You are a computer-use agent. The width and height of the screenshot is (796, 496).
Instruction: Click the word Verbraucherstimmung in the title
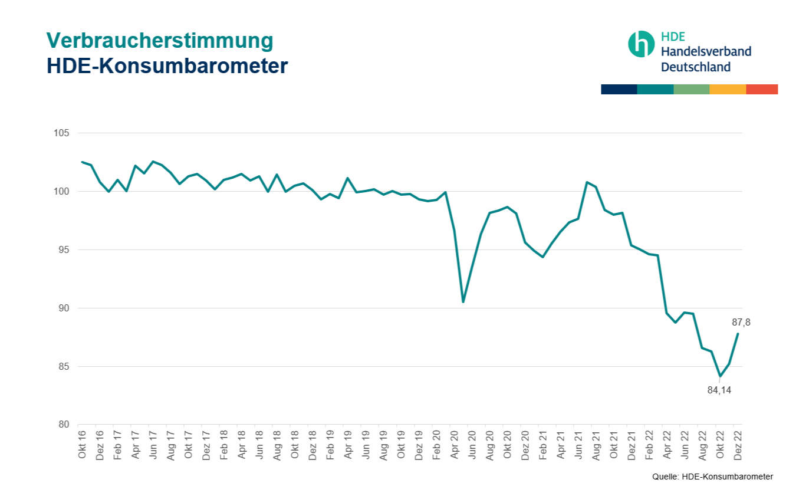coord(160,40)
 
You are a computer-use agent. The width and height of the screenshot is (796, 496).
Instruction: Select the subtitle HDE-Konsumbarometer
coord(167,65)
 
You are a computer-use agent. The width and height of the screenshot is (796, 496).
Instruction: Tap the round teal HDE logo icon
coord(641,44)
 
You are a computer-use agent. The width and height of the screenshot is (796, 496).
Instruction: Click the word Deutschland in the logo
coord(696,67)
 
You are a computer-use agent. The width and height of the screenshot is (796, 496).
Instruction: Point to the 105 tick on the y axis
coord(62,133)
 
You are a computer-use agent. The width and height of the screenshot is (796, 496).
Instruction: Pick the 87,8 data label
coord(741,323)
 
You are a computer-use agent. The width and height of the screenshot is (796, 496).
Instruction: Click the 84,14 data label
coord(719,390)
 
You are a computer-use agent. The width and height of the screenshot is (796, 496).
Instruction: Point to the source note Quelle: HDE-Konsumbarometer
coord(712,477)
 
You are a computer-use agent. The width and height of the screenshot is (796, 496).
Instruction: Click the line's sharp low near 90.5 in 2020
coord(463,302)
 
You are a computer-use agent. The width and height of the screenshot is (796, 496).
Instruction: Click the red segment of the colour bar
coord(762,89)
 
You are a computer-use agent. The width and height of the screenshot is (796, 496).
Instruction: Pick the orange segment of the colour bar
coord(728,89)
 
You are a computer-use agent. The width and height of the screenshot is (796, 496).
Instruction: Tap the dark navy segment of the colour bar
coord(619,89)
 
